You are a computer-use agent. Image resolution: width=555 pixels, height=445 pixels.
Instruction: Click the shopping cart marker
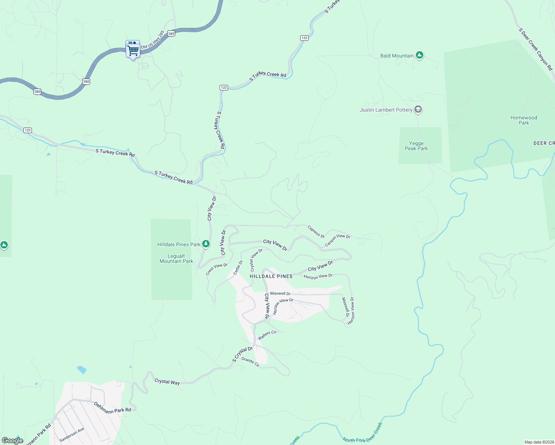click(x=133, y=50)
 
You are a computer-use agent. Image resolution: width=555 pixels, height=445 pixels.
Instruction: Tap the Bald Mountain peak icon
click(x=420, y=55)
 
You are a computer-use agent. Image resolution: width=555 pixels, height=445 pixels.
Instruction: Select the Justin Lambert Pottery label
click(x=386, y=110)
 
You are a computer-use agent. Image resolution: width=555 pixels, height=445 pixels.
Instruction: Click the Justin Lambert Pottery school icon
click(x=418, y=109)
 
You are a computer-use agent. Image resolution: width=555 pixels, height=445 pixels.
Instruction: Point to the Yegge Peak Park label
click(x=416, y=146)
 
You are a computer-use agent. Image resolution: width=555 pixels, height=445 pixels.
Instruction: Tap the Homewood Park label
click(x=523, y=120)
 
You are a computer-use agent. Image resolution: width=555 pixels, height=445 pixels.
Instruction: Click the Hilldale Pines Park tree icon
click(x=206, y=244)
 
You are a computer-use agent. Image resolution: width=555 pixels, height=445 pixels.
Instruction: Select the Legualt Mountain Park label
click(x=176, y=258)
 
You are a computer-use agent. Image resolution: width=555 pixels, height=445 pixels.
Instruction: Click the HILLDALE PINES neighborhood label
click(x=271, y=276)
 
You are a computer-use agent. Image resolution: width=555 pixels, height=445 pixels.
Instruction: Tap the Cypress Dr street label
click(x=316, y=232)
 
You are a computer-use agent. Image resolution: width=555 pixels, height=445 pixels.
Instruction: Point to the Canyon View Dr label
click(x=337, y=240)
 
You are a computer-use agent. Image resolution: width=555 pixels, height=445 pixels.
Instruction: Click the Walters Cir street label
click(x=267, y=335)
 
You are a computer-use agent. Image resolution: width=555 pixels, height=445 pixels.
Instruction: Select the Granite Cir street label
click(x=250, y=362)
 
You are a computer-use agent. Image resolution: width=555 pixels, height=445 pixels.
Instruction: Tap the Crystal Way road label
click(x=167, y=382)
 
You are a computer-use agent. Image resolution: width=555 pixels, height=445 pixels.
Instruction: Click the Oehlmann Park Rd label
click(x=112, y=407)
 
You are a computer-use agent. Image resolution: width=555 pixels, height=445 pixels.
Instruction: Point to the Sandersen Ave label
click(x=72, y=435)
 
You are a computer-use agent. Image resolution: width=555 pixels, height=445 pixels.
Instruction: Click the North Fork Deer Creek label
click(x=362, y=434)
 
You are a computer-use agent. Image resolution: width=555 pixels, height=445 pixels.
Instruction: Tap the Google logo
click(x=13, y=441)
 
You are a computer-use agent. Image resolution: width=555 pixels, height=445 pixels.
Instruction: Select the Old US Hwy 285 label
click(x=152, y=40)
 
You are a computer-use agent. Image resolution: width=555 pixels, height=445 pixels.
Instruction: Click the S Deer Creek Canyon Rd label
click(x=536, y=49)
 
